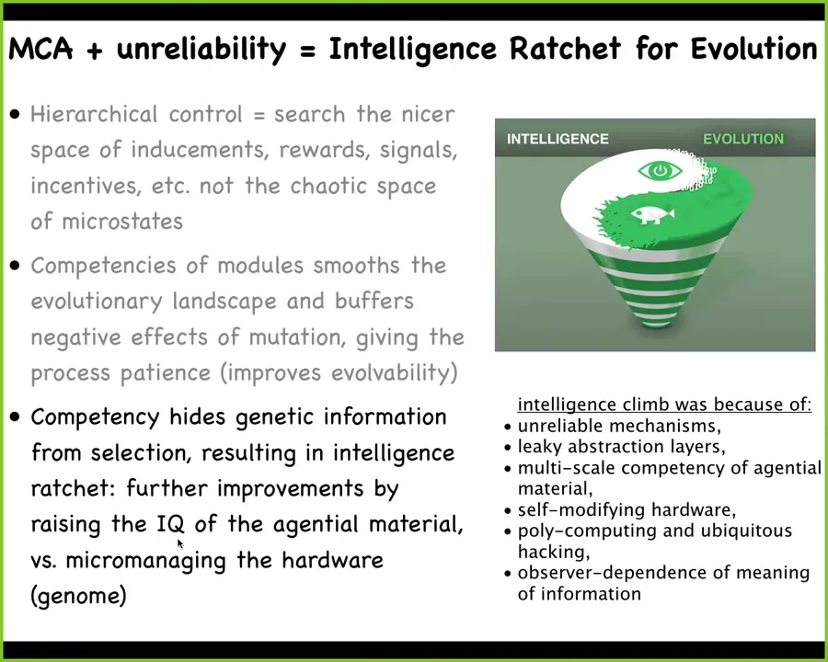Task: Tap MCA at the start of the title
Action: click(x=40, y=49)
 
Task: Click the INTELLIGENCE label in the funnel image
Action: click(x=558, y=139)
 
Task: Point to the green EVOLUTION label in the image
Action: click(x=743, y=139)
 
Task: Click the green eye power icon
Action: click(x=660, y=170)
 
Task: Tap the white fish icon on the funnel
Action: click(x=652, y=214)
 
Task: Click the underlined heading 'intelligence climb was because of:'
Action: click(x=664, y=405)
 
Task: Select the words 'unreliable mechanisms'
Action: click(x=616, y=426)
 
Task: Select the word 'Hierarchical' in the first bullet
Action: click(x=94, y=114)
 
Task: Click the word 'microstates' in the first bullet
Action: click(x=122, y=222)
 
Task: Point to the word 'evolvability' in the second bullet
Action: click(x=391, y=372)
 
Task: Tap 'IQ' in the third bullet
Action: click(x=170, y=524)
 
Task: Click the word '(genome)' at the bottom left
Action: click(x=79, y=596)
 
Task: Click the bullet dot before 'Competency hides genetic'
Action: click(x=16, y=417)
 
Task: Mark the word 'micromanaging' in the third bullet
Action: click(x=145, y=560)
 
